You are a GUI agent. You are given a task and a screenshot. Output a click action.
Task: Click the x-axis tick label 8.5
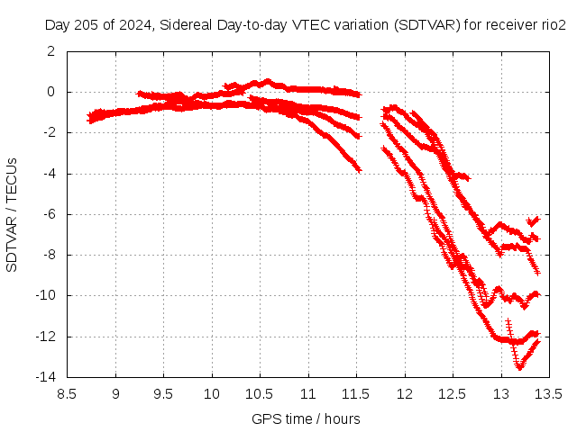point(68,393)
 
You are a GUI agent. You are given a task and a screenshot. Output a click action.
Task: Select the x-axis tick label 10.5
point(260,393)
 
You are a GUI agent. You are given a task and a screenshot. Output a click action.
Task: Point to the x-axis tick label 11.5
point(356,393)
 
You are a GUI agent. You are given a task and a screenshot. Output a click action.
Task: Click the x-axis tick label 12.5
point(453,393)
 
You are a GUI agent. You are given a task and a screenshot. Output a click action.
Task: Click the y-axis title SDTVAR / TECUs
point(13,214)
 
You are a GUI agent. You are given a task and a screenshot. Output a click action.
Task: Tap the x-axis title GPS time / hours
point(307,418)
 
